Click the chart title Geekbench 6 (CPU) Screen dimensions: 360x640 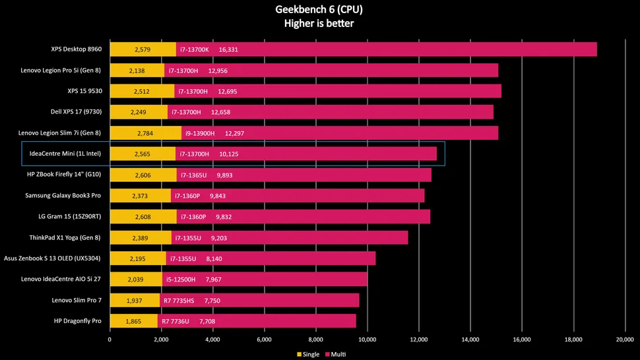(319, 10)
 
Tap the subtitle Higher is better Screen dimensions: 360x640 (319, 23)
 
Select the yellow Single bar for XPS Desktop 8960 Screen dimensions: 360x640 (143, 49)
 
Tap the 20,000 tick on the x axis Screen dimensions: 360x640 (625, 340)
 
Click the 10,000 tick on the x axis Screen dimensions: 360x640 (367, 340)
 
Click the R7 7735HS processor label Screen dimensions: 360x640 (178, 301)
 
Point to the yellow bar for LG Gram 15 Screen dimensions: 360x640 (143, 217)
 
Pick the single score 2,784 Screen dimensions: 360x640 (146, 133)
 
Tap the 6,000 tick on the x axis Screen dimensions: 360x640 (264, 340)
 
